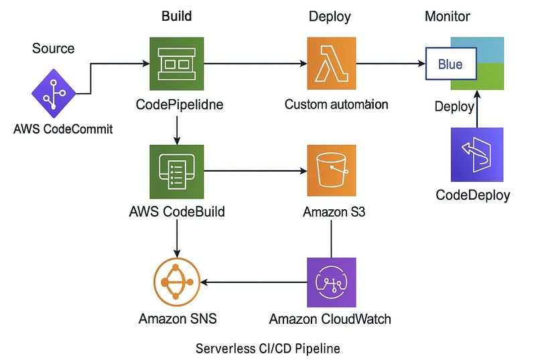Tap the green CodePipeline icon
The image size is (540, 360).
click(x=176, y=64)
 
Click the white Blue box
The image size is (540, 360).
click(x=451, y=65)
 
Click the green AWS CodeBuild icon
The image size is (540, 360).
click(x=176, y=171)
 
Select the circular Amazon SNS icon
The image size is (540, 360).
click(x=177, y=280)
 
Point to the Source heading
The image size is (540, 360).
click(x=54, y=49)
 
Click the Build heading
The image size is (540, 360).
click(x=177, y=16)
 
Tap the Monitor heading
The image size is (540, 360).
click(x=448, y=16)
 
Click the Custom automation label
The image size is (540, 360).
click(x=336, y=105)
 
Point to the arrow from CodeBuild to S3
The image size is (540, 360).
click(x=255, y=172)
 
